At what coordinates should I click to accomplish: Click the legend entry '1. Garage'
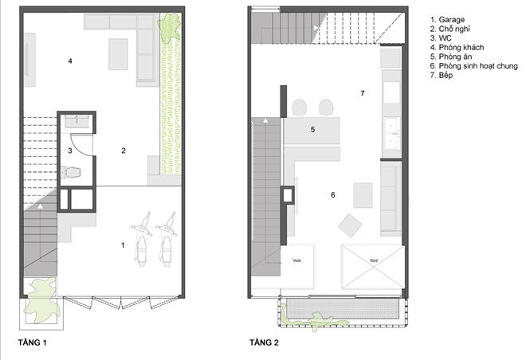[x=447, y=20]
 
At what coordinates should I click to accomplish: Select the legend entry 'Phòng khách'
[x=461, y=48]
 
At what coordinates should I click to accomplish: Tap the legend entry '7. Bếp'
[x=442, y=75]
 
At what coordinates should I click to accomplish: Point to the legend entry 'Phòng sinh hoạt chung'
[x=478, y=66]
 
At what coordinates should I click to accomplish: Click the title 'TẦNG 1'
[x=32, y=342]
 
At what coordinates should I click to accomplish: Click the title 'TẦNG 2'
[x=264, y=342]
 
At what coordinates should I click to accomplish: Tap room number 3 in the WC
[x=70, y=151]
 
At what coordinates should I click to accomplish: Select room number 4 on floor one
[x=70, y=61]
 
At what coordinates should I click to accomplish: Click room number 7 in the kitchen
[x=363, y=93]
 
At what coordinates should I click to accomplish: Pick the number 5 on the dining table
[x=312, y=129]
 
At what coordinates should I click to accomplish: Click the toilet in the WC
[x=71, y=173]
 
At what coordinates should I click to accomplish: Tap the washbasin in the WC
[x=77, y=121]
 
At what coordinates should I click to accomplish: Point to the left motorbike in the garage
[x=142, y=239]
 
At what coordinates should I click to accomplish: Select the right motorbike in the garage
[x=167, y=239]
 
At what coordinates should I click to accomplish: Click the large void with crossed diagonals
[x=373, y=267]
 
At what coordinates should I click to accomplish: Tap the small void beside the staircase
[x=297, y=267]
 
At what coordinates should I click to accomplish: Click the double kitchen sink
[x=391, y=133]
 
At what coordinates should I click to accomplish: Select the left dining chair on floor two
[x=300, y=108]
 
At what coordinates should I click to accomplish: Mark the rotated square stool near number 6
[x=350, y=225]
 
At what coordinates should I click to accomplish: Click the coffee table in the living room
[x=118, y=54]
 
